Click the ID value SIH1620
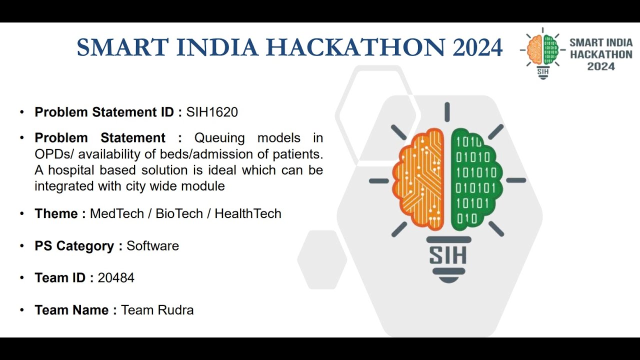(212, 112)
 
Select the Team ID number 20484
(116, 278)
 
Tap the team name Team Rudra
(157, 310)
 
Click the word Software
(152, 246)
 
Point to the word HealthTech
(248, 214)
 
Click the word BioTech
(179, 214)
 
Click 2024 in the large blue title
(477, 47)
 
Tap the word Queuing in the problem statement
(219, 138)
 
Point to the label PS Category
(74, 246)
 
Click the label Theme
(55, 214)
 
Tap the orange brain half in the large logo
(419, 180)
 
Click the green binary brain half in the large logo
(475, 177)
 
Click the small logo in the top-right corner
(542, 52)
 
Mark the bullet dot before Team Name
(22, 310)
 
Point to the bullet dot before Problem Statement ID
(22, 112)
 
